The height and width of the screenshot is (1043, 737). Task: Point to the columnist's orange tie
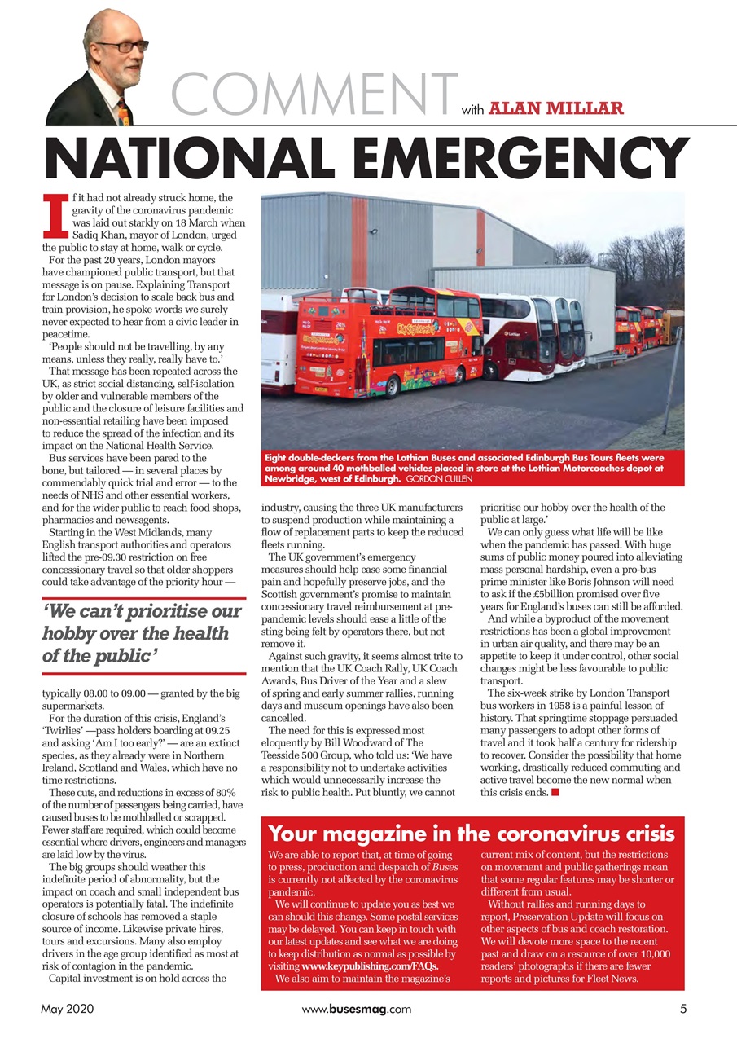pyautogui.click(x=123, y=112)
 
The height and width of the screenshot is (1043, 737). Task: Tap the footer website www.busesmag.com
pyautogui.click(x=356, y=1009)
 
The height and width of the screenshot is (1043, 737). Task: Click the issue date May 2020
pyautogui.click(x=68, y=1009)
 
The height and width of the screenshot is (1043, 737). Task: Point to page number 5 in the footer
pyautogui.click(x=683, y=1009)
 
